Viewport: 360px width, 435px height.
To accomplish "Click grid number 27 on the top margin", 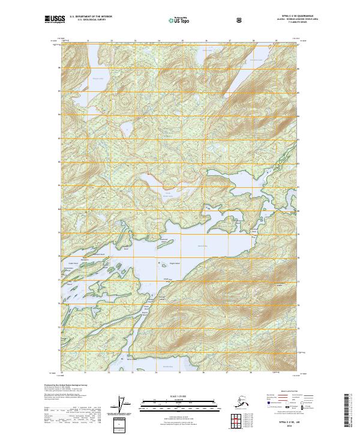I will coord(230,41).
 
